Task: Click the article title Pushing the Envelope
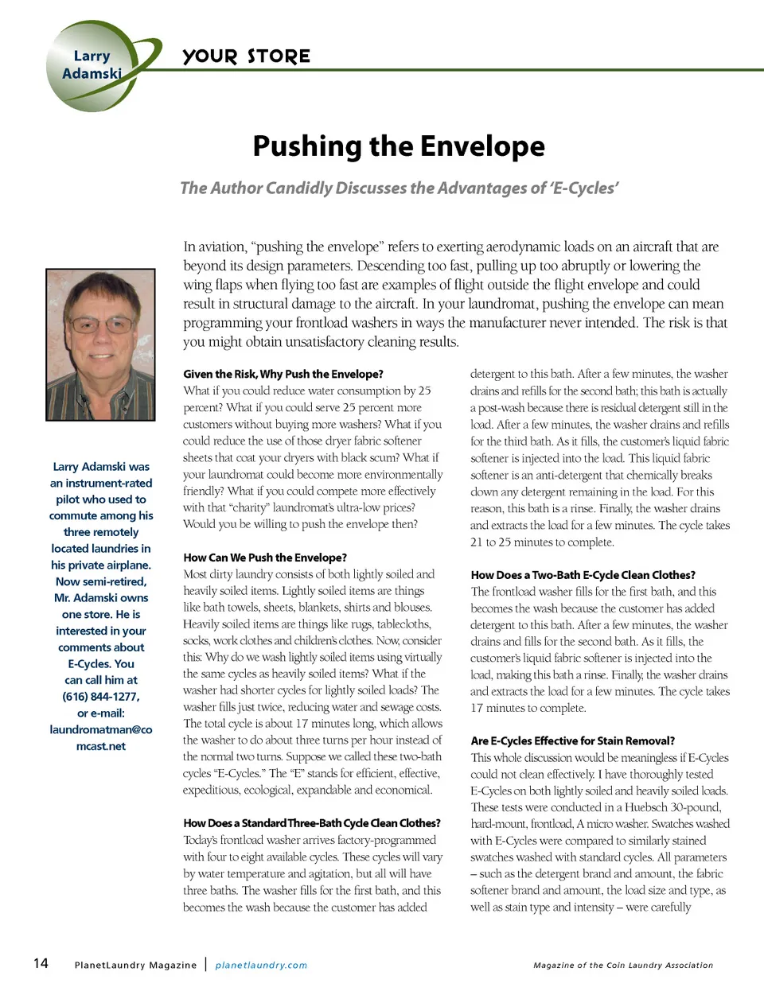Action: [399, 146]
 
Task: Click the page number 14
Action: [41, 963]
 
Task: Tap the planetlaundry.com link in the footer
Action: [261, 965]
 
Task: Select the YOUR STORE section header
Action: [246, 56]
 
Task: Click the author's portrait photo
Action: [100, 344]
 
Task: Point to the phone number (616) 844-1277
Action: [101, 697]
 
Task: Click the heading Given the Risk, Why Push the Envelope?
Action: [283, 374]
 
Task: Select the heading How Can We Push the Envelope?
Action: [265, 558]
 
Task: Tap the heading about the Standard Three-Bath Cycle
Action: [311, 823]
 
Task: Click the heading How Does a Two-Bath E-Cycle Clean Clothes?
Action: [583, 574]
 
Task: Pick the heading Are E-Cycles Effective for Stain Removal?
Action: [572, 740]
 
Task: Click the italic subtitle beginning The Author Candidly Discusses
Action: [399, 188]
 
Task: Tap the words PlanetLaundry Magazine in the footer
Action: [135, 965]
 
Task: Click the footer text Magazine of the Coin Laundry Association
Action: [623, 965]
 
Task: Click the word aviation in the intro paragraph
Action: [222, 247]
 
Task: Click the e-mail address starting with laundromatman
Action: [101, 737]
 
